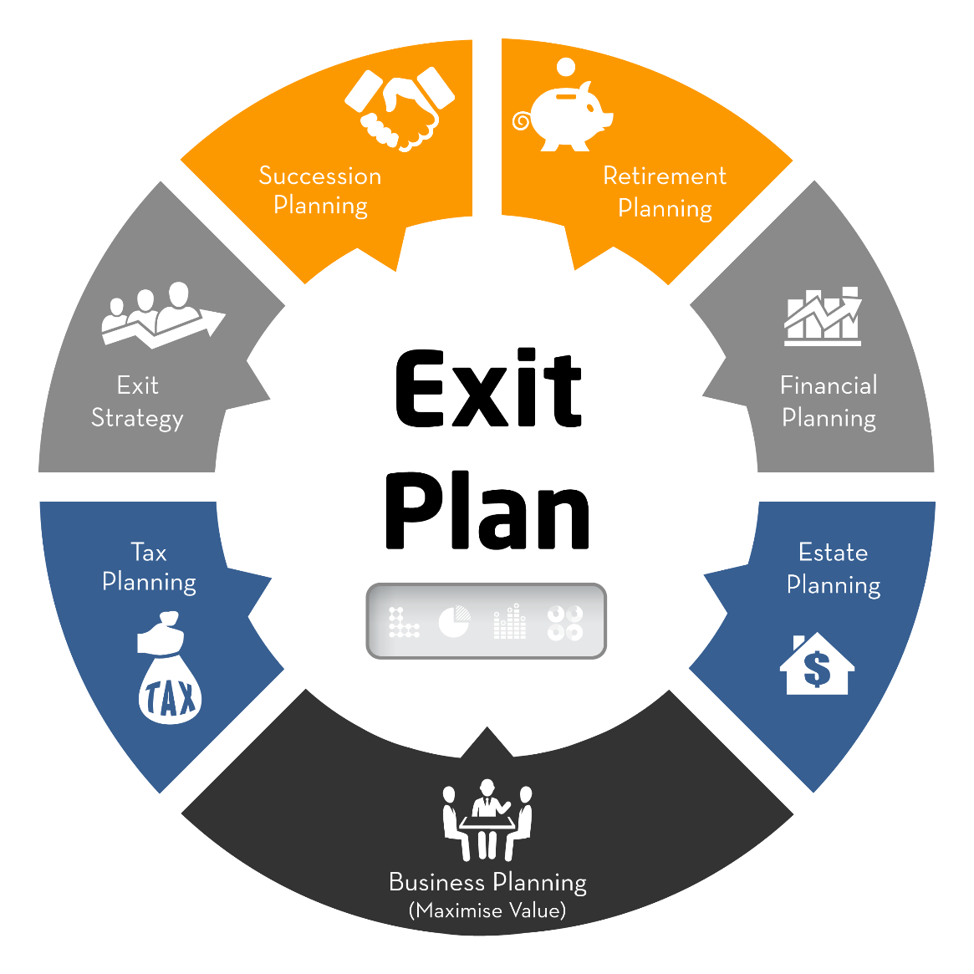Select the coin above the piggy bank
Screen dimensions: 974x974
(566, 67)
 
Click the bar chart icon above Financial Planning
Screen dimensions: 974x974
(823, 317)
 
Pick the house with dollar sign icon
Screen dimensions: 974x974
(817, 665)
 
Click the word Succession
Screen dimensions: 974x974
(320, 176)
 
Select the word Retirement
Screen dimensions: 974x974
(665, 176)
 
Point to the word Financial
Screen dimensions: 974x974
(829, 385)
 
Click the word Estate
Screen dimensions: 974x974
(833, 553)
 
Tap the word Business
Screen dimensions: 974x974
(437, 882)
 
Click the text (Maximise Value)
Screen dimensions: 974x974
(487, 910)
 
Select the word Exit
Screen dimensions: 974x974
(138, 385)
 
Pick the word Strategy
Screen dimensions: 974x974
(137, 417)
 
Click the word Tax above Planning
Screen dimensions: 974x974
(149, 553)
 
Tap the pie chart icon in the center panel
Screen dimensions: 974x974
(454, 622)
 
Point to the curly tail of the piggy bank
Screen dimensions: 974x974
(521, 122)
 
